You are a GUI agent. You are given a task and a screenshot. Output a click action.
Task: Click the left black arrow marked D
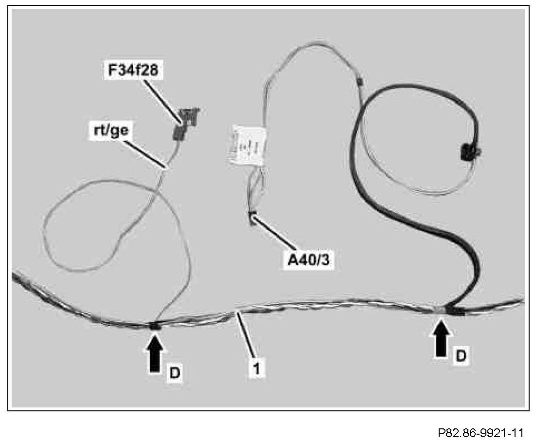point(155,354)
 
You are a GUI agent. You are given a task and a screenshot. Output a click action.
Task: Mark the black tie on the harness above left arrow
point(155,326)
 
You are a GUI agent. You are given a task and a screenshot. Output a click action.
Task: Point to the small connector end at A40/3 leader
point(252,218)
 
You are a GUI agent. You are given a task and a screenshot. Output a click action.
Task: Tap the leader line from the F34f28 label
point(163,100)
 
